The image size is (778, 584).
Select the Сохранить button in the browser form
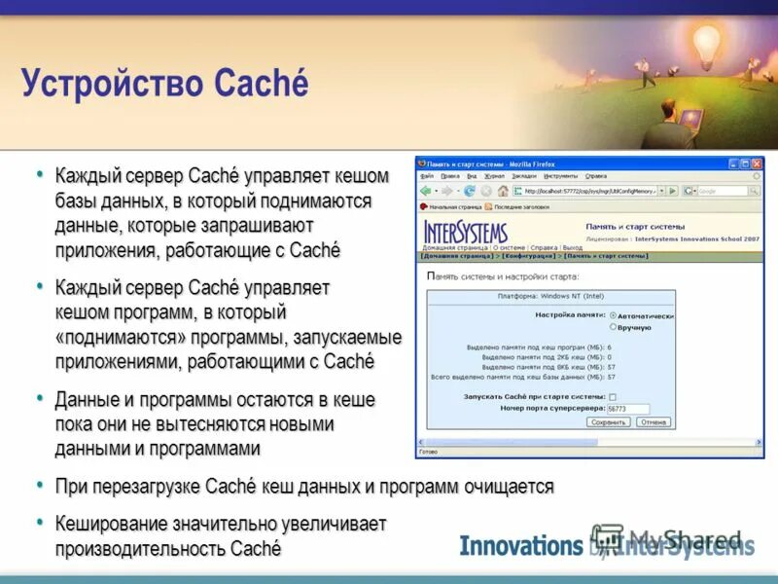[610, 422]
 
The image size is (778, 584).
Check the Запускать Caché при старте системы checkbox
[613, 396]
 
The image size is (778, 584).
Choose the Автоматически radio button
[613, 315]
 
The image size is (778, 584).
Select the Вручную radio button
[613, 327]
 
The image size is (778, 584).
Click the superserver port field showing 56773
[628, 409]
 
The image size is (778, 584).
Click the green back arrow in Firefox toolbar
[426, 191]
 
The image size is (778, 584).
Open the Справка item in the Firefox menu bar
[596, 176]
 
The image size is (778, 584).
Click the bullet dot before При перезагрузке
[40, 484]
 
